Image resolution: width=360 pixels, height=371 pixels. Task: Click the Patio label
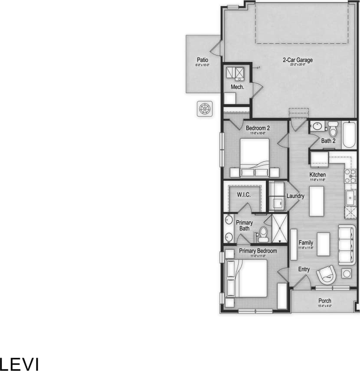point(203,60)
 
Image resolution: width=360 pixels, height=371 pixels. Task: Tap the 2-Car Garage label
point(298,60)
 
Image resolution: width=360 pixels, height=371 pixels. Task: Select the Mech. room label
point(237,87)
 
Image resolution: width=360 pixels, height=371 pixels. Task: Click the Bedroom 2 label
point(258,128)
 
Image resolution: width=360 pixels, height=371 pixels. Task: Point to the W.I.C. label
point(244,195)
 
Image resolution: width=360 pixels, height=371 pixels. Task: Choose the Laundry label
point(295,196)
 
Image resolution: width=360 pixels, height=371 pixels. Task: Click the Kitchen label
point(317,175)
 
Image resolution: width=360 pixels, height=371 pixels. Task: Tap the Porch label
point(324,301)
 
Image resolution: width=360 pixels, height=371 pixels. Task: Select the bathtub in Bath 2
point(349,135)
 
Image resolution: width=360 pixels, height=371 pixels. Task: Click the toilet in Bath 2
point(333,129)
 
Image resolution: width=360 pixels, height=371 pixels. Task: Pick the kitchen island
point(317,201)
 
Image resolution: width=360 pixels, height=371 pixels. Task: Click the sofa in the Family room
point(347,245)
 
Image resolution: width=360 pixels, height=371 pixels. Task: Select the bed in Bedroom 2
point(255,156)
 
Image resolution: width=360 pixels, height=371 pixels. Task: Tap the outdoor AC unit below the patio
point(205,108)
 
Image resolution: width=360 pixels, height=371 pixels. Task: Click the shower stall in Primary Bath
point(279,228)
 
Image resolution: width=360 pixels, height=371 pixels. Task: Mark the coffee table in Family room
point(323,244)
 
